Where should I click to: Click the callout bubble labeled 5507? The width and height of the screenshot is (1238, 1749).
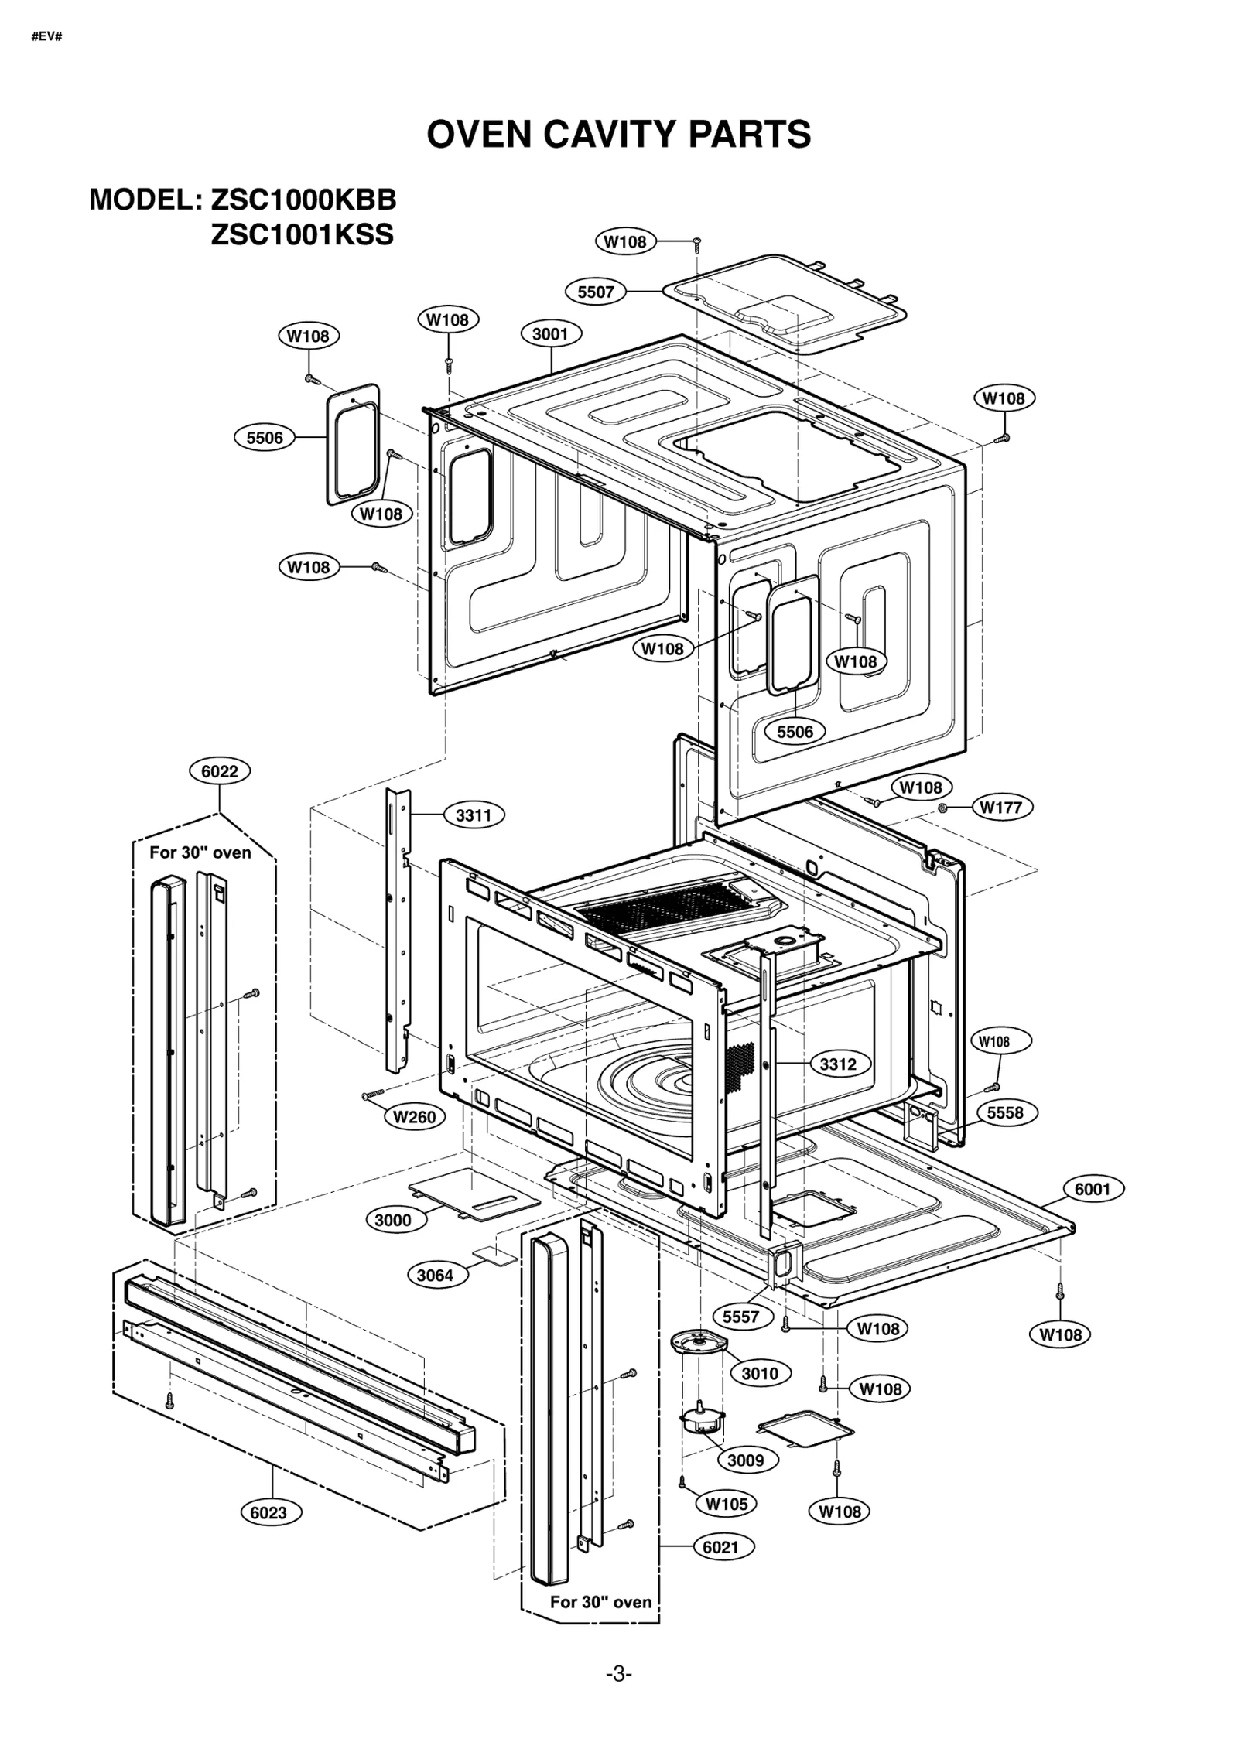coord(595,292)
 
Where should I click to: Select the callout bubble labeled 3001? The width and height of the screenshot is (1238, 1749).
coord(550,334)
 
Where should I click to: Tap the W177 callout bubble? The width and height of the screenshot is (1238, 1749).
coord(1000,808)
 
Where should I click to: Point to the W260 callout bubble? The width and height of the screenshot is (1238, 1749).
coord(414,1117)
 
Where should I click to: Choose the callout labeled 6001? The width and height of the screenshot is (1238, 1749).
coord(1092,1189)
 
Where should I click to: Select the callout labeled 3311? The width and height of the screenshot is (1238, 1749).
coord(473,815)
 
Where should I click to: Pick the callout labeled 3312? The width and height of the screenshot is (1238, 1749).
coord(838,1064)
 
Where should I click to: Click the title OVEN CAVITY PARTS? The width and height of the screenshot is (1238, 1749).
coord(618,135)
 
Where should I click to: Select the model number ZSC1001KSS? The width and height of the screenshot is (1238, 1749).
coord(302,234)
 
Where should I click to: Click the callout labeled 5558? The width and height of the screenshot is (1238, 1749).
coord(1004,1112)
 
